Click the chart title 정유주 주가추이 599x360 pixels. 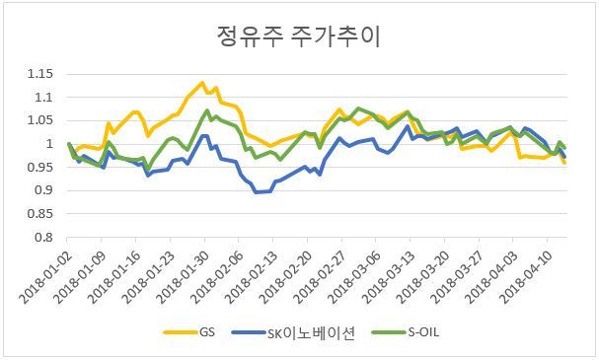(x=299, y=36)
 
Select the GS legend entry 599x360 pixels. (x=189, y=332)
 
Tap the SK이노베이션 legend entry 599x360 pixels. (x=293, y=332)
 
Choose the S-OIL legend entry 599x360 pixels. (x=406, y=332)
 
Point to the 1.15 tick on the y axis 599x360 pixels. (x=40, y=74)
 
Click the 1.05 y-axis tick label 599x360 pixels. (x=40, y=120)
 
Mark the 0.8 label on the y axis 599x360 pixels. (x=43, y=238)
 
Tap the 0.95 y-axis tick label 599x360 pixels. (x=40, y=168)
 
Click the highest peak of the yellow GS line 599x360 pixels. (x=202, y=83)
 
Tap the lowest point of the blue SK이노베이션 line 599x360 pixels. (x=257, y=192)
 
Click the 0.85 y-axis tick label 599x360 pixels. (x=40, y=214)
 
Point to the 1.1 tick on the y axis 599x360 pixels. (x=43, y=98)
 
